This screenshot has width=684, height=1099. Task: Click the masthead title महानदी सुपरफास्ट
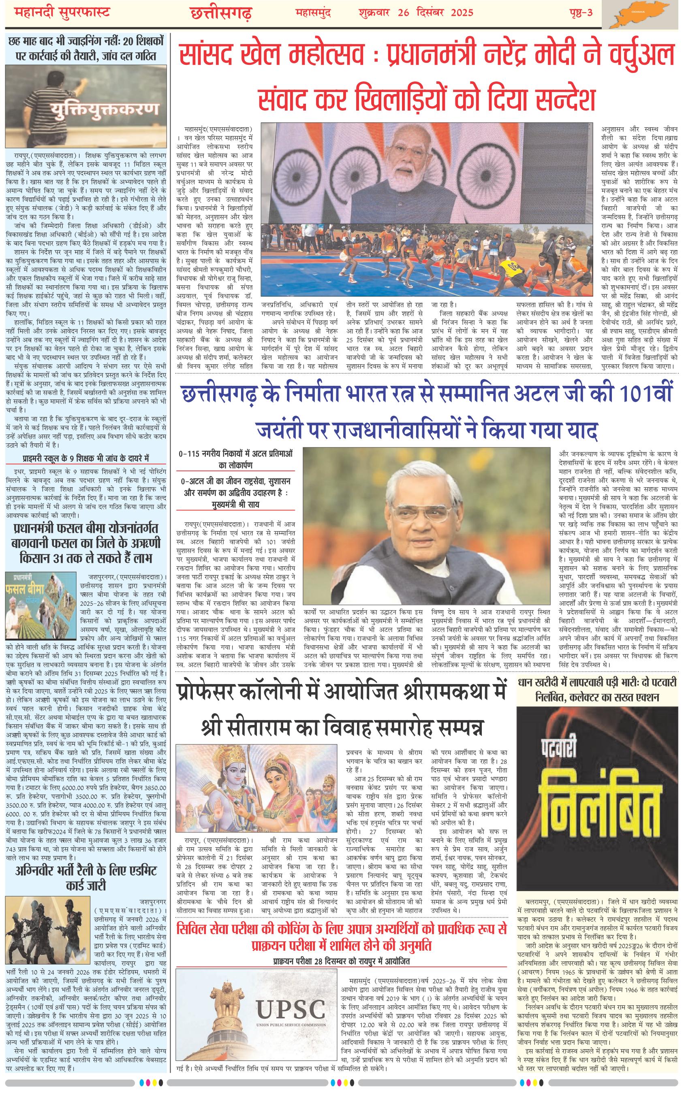[x=59, y=13]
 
